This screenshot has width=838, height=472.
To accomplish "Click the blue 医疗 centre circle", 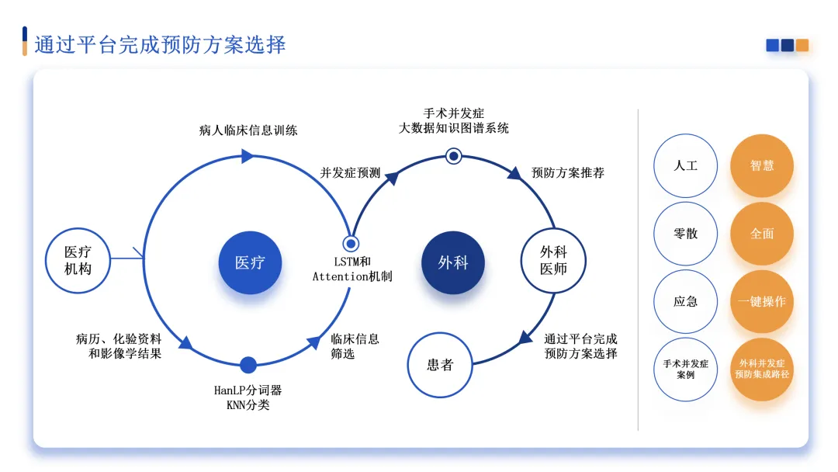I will pos(249,262).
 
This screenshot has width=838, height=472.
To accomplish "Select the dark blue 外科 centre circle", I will pos(453,262).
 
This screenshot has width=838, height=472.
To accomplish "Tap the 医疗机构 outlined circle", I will pos(78,260).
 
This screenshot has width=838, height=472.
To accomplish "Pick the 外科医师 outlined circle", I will pos(553,260).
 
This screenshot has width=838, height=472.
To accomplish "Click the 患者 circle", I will pos(440,365).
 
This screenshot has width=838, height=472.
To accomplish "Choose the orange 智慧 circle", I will pos(761,165).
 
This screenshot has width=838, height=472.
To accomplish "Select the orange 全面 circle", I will pos(761,234).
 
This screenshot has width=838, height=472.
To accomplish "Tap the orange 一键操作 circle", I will pos(761,301).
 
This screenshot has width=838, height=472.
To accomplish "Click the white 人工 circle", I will pos(685,165).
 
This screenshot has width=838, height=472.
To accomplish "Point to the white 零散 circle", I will pos(685,234).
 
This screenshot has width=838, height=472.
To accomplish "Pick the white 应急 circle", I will pos(685,301).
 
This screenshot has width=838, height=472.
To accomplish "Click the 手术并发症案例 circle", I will pos(685,369).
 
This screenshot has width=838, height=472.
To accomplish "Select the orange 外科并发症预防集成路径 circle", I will pos(761,369).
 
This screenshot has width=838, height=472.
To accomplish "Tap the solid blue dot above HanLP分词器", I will pos(248,365).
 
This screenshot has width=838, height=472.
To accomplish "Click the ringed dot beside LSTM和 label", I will pos(351,244).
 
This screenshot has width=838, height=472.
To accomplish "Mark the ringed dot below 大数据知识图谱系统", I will pos(454,156).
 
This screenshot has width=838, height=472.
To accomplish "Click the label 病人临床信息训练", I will pos(248,130).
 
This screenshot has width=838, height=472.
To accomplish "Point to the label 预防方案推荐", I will pos(568,172).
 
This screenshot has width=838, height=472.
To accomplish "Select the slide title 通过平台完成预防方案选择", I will pos(161,44).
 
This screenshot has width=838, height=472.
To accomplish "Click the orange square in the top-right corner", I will pos(802,45).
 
